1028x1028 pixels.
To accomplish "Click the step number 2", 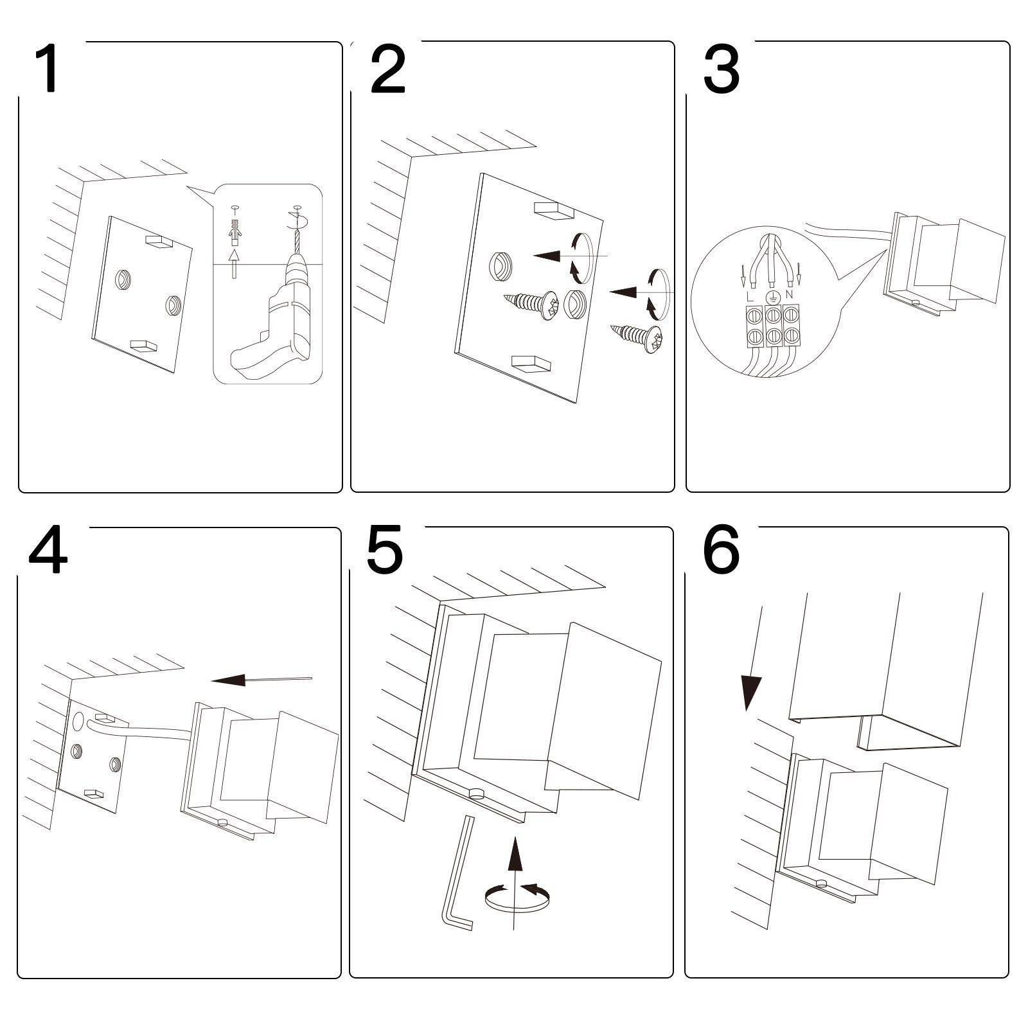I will click(x=388, y=69).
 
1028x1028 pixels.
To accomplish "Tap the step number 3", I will click(x=721, y=69).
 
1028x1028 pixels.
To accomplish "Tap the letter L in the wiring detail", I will click(x=749, y=297).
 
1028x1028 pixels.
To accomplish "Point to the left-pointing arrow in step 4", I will click(x=257, y=680).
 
